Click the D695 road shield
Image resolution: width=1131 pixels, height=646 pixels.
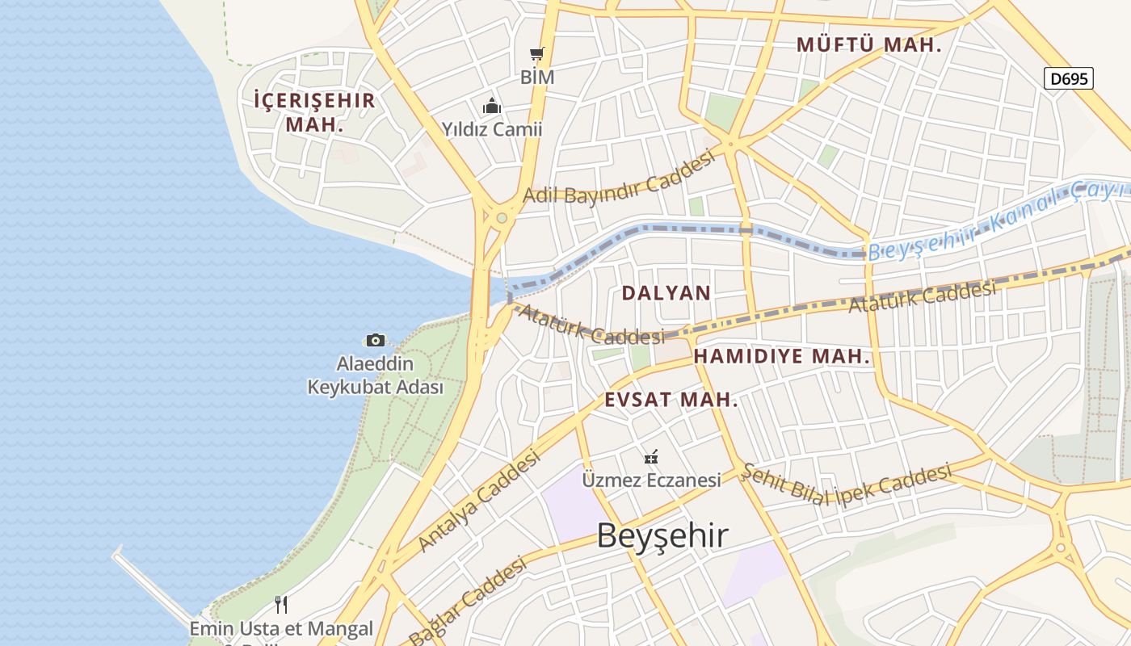coord(1068,78)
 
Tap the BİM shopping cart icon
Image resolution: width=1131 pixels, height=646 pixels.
coord(537,54)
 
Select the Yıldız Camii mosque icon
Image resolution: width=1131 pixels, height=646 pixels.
coord(491,106)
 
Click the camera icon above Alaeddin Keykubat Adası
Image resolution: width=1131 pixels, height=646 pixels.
coord(375,340)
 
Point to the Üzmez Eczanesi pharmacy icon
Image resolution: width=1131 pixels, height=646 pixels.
coord(651,457)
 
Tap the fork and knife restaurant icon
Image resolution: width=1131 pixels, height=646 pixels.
coord(281,604)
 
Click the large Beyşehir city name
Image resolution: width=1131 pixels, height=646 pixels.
coord(662,535)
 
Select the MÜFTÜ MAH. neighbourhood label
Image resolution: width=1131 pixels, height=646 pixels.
coord(869,45)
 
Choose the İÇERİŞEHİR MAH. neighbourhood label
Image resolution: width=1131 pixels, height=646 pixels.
coord(314,112)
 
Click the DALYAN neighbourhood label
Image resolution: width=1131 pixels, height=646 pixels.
coord(666,293)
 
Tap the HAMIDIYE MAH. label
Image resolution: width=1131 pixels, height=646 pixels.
coord(782,356)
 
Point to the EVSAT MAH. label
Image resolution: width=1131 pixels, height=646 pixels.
coord(671,400)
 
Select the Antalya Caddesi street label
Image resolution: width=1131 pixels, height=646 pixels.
coord(479,501)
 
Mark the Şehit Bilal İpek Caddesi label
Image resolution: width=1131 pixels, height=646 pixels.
coord(846,484)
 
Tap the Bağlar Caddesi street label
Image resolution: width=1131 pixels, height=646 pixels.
coord(468,600)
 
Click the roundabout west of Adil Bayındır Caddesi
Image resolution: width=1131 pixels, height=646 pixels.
coord(502,217)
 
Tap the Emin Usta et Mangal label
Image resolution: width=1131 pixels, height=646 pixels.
coord(281,628)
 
